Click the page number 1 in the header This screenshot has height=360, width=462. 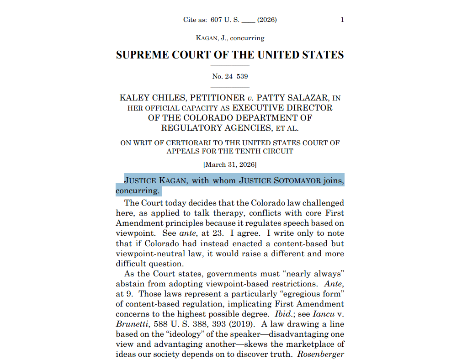pyautogui.click(x=342, y=20)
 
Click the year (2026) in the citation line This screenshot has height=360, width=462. pyautogui.click(x=267, y=20)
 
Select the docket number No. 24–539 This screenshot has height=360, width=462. pyautogui.click(x=230, y=76)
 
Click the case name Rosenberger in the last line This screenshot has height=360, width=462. pyautogui.click(x=321, y=354)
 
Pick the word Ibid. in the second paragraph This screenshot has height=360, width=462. pyautogui.click(x=277, y=314)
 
